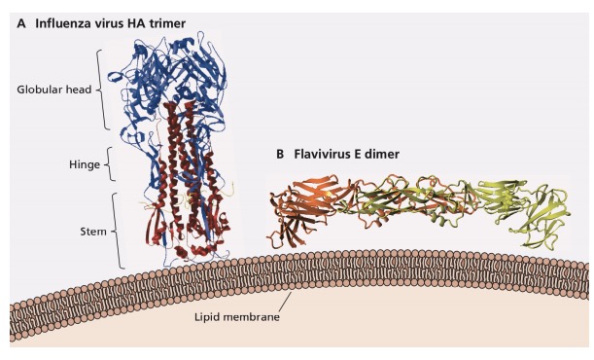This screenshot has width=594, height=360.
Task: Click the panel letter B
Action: (282, 154)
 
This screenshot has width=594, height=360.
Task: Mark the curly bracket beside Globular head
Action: (108, 90)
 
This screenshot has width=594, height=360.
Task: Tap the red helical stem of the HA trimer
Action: (185, 175)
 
